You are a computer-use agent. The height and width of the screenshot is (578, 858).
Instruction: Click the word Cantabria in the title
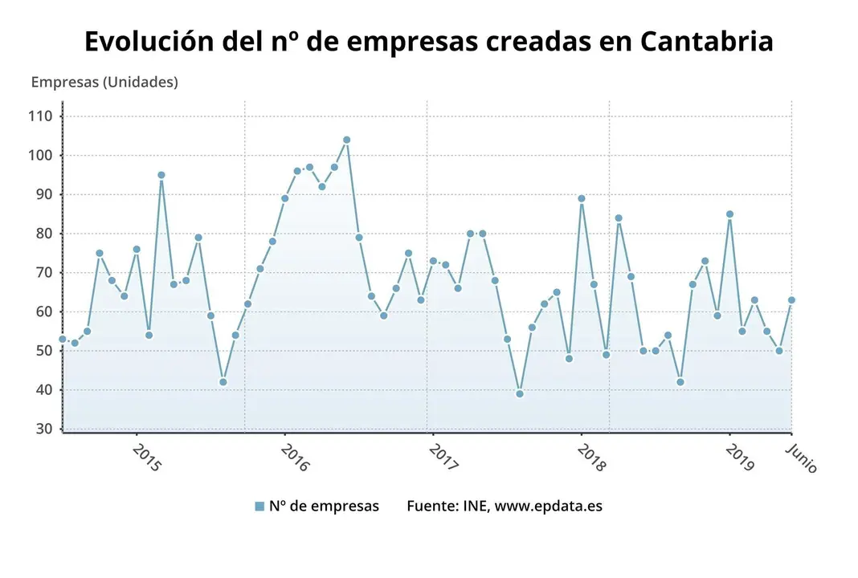707,42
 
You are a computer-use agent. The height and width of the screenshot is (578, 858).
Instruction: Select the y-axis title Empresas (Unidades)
104,82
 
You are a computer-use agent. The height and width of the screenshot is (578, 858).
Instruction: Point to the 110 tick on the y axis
41,116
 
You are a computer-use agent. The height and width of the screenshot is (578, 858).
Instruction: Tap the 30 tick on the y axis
44,429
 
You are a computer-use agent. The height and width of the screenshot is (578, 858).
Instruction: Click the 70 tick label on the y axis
44,273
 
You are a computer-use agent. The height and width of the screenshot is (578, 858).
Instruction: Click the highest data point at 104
346,140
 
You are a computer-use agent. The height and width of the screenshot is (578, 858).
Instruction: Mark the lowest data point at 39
520,393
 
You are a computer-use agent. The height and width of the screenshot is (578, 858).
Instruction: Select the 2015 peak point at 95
161,175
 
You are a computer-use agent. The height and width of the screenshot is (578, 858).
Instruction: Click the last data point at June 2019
791,300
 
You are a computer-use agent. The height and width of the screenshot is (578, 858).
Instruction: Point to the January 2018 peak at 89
582,198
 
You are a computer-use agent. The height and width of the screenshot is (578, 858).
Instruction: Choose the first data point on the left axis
63,339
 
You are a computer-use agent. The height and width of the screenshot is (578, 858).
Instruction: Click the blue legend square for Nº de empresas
259,507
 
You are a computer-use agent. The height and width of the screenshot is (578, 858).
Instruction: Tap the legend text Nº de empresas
324,506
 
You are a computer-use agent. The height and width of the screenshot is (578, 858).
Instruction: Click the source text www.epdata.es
548,506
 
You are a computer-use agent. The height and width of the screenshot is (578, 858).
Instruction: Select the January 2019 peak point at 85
729,214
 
